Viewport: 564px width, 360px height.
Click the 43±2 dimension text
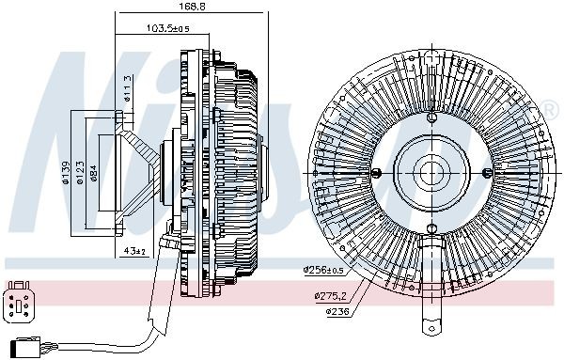tap(134, 251)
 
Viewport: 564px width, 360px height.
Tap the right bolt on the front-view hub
tap(486, 172)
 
